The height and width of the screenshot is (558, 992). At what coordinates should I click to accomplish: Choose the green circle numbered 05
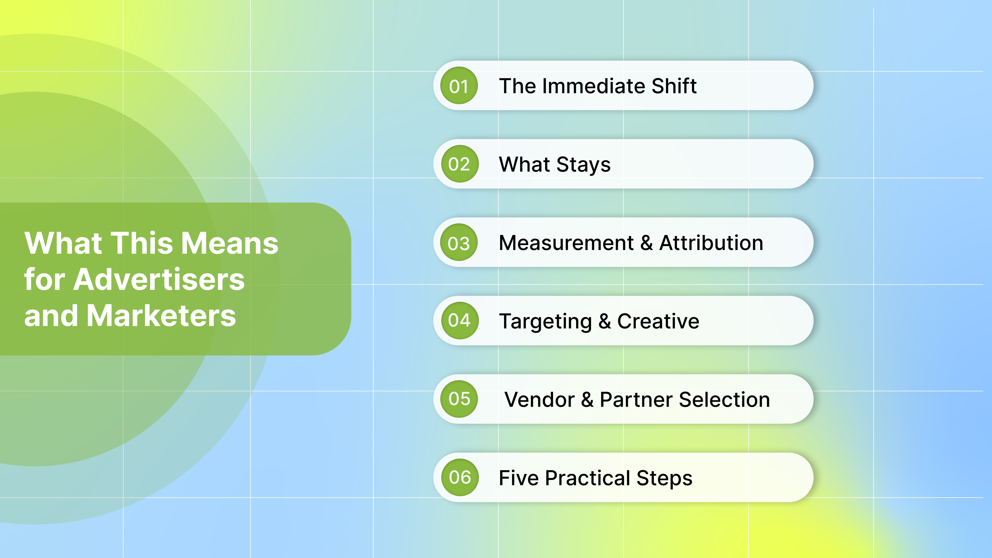coord(459,399)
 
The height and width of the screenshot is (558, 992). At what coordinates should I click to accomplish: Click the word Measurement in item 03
coord(566,243)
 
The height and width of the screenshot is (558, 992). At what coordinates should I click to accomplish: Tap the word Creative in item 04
coord(658,321)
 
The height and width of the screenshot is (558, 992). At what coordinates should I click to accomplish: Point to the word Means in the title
coord(230,243)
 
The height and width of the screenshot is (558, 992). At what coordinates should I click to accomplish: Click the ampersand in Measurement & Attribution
coord(647,243)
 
